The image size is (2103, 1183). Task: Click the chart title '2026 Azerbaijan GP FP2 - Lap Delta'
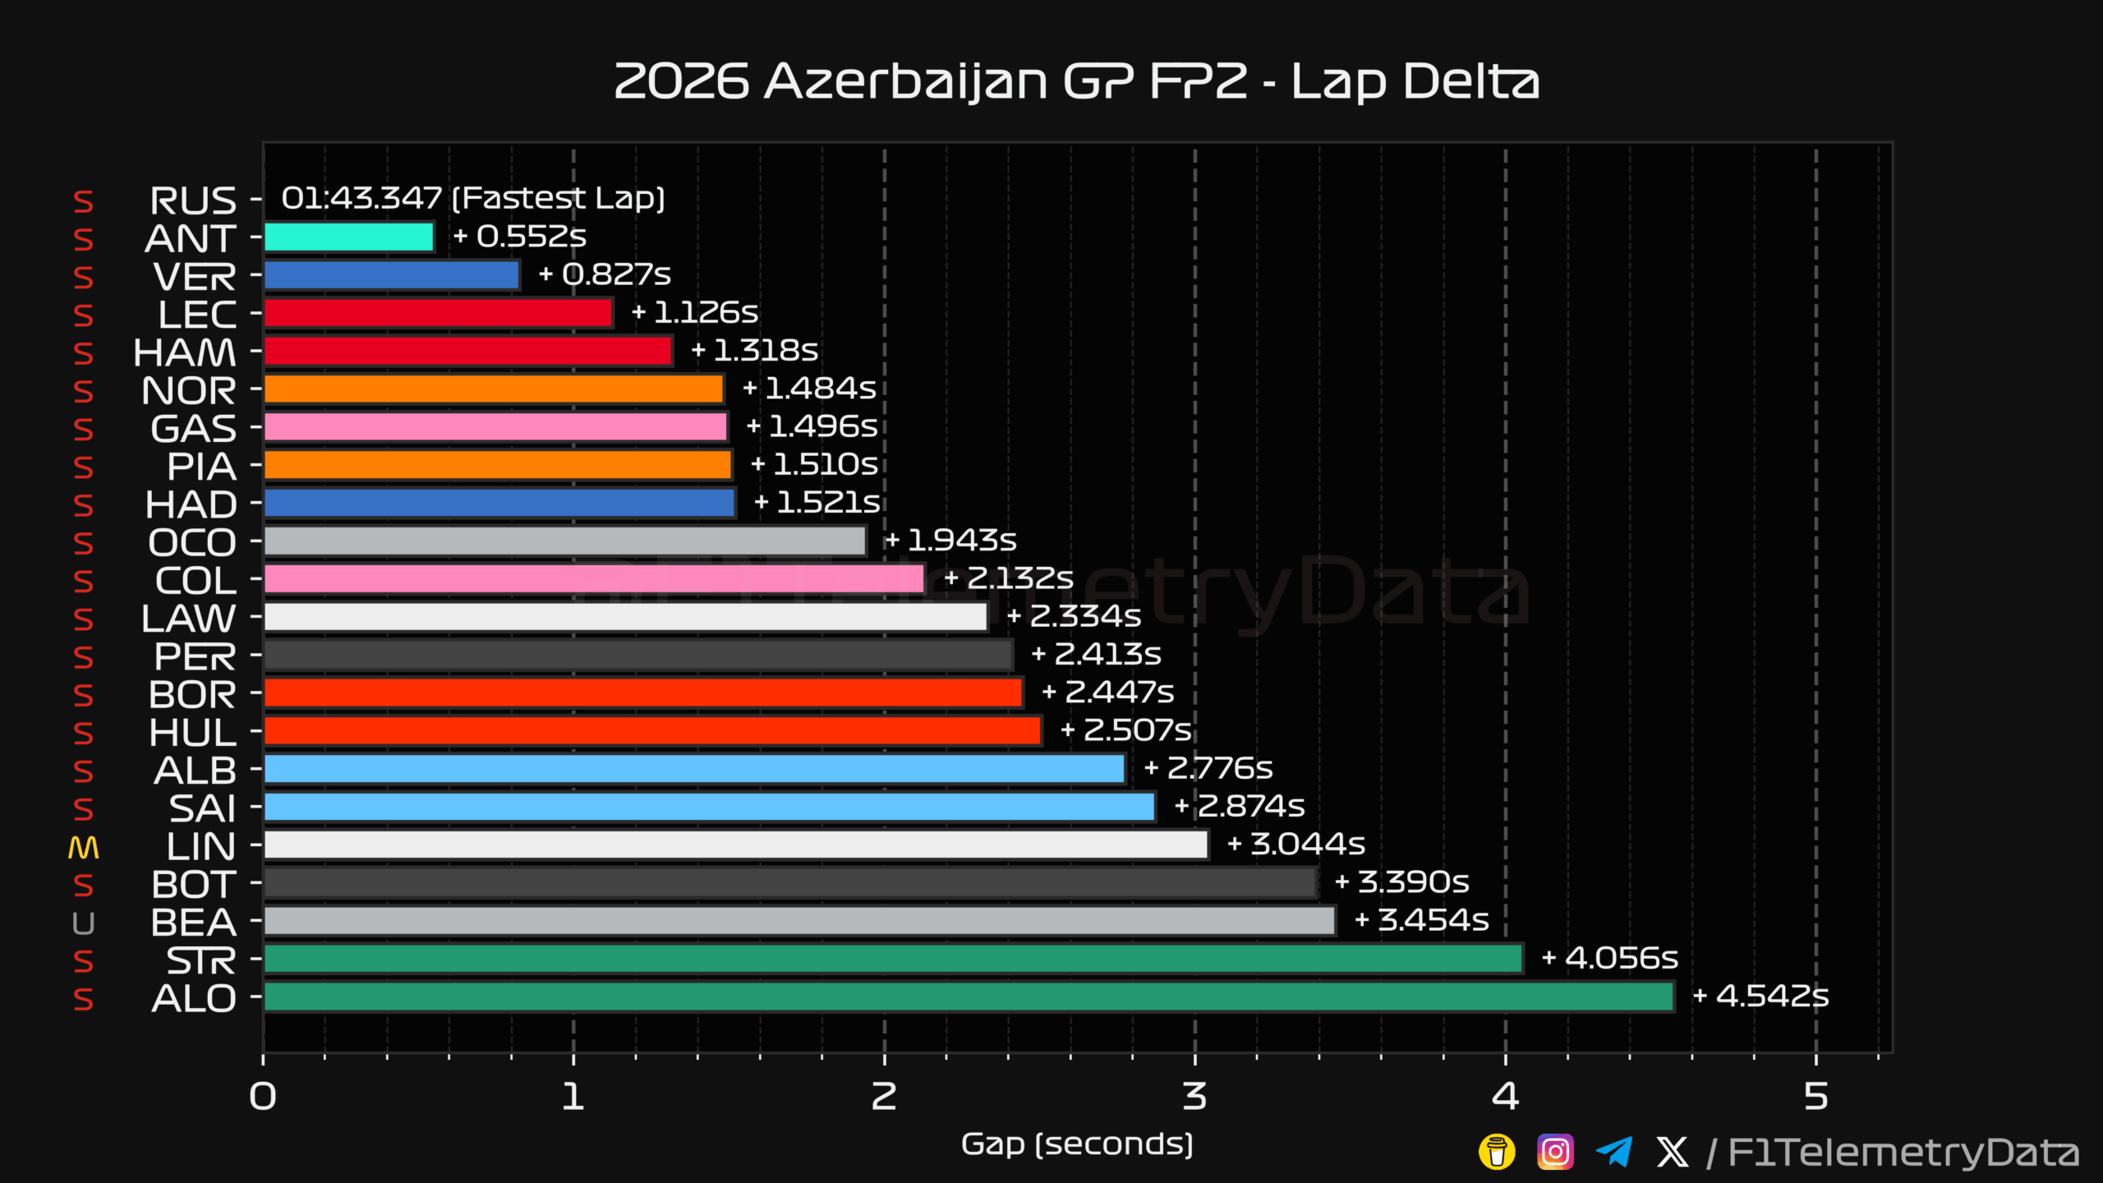point(1076,81)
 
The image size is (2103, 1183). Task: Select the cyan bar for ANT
point(349,237)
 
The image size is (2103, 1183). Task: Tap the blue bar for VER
point(392,275)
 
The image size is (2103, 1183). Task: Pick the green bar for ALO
point(969,997)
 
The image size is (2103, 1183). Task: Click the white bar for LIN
point(736,845)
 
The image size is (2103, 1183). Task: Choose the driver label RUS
point(193,200)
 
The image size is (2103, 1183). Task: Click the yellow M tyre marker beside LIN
point(83,848)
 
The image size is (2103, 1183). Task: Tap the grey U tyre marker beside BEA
point(83,924)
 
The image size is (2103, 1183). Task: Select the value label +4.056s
point(1609,958)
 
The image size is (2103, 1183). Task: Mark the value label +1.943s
point(950,540)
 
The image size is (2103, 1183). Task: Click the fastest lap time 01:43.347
point(361,198)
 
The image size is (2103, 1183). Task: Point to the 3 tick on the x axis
point(1194,1096)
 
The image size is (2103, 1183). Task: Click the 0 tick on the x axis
point(263,1096)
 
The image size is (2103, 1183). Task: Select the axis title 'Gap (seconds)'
point(1077,1144)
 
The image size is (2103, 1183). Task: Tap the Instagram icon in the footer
point(1555,1152)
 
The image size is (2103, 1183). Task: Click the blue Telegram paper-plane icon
point(1613,1152)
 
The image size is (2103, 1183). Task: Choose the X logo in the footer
point(1673,1152)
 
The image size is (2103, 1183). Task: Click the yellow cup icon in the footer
point(1497,1152)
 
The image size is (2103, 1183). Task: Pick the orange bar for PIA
point(498,465)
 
